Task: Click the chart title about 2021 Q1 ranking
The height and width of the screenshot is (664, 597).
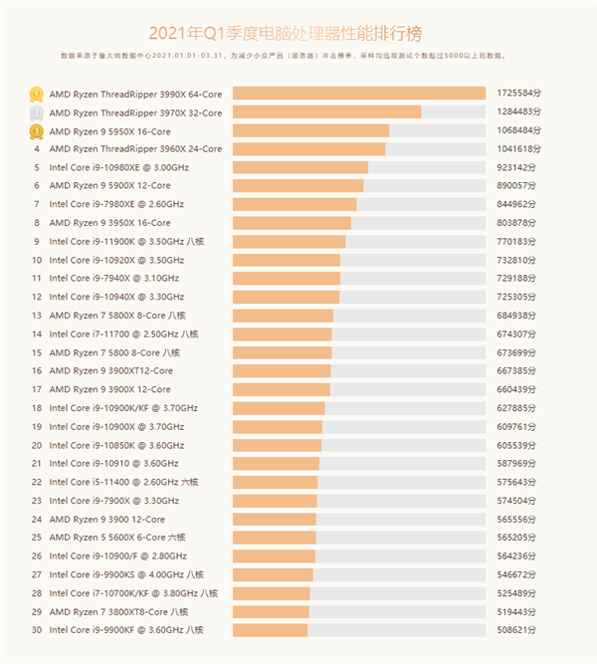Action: point(298,34)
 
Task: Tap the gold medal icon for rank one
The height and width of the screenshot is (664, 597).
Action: point(36,94)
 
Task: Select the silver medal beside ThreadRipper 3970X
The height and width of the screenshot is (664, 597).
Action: point(36,111)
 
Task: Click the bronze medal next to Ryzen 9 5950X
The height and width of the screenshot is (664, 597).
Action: point(36,130)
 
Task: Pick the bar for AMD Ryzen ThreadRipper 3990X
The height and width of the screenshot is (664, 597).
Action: point(358,94)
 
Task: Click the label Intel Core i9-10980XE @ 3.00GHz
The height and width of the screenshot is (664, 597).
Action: point(118,167)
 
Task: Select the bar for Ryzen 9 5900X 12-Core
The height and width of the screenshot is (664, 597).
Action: point(298,185)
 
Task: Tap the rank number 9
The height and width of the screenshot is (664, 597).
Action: point(36,241)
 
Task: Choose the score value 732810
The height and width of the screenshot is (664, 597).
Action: point(518,260)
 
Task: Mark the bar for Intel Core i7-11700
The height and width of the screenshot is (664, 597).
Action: point(282,333)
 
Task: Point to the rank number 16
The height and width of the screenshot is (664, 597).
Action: point(36,370)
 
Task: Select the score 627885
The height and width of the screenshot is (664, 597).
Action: point(518,407)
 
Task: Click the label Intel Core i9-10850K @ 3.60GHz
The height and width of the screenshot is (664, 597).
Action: point(116,445)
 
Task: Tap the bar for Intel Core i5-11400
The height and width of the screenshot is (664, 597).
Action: point(275,482)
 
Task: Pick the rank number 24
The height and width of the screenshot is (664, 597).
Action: point(36,519)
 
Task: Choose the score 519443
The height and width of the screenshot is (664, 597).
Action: point(518,611)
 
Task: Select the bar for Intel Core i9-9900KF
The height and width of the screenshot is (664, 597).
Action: point(270,630)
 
